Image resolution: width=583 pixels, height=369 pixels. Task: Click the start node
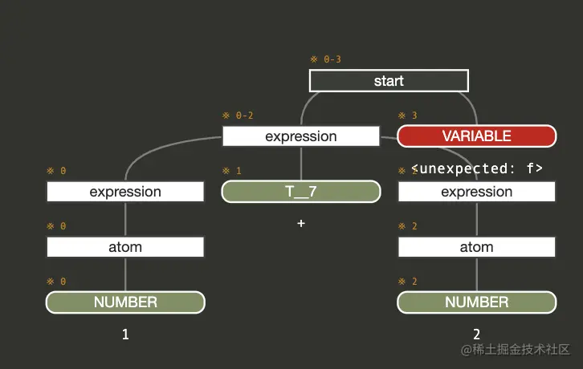click(389, 81)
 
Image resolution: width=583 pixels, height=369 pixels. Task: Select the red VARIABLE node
click(476, 136)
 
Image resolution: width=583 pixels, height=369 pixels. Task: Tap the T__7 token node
click(300, 192)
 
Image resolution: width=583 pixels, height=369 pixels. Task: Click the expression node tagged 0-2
click(300, 136)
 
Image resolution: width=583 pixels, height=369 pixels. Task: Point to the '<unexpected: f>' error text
click(477, 168)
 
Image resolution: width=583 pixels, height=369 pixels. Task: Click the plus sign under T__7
click(301, 224)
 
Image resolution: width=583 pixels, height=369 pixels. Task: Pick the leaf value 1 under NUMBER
click(125, 335)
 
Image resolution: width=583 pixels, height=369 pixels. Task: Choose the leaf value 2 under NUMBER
click(476, 335)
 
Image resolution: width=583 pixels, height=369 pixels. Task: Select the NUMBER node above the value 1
click(125, 302)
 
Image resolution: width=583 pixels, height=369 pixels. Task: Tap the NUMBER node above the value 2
click(476, 302)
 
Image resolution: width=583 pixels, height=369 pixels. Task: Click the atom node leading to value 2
click(476, 247)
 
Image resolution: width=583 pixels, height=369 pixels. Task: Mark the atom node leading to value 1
click(125, 247)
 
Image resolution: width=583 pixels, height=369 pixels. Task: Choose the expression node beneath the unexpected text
click(476, 192)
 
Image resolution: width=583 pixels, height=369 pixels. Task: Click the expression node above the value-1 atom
click(125, 192)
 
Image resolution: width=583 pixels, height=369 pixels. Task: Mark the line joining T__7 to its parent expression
click(300, 164)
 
